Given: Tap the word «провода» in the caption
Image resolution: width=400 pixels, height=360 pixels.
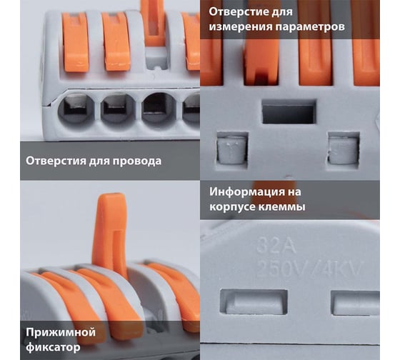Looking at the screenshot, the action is click(137, 161).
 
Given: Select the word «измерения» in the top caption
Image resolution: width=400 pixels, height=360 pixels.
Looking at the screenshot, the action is click(240, 27).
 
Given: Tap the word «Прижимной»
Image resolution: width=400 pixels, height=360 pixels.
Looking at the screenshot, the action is click(61, 333).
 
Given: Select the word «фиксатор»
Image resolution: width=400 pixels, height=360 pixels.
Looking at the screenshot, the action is click(53, 347).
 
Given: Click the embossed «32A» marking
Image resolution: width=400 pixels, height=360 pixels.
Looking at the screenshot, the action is click(276, 245).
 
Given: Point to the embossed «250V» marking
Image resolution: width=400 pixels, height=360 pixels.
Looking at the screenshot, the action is click(280, 269).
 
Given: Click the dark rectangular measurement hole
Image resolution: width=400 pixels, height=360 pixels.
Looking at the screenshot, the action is click(289, 111).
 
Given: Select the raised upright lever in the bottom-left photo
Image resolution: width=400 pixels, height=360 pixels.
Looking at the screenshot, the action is click(110, 235).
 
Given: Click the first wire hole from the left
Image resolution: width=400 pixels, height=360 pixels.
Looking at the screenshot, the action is click(76, 109).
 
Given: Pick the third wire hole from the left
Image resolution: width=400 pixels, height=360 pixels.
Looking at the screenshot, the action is click(159, 108).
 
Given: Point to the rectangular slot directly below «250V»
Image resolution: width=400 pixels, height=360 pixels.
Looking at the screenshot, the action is click(254, 302).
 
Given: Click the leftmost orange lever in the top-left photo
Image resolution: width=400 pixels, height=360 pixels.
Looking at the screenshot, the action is click(75, 42).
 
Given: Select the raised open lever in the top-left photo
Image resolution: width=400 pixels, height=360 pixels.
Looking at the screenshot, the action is click(153, 23).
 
